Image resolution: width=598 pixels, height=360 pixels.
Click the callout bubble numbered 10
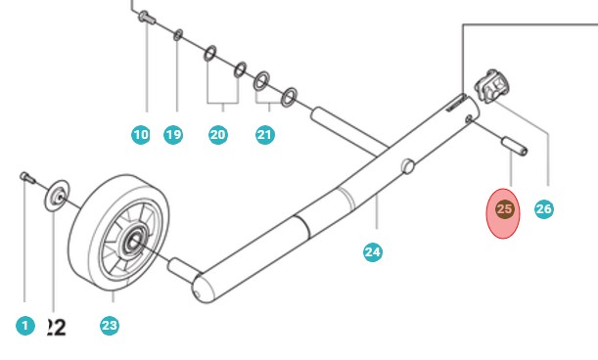[x=141, y=135]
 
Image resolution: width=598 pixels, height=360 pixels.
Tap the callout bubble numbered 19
[x=173, y=135]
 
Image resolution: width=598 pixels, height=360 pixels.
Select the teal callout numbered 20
[x=218, y=135]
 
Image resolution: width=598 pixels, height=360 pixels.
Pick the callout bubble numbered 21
[x=265, y=135]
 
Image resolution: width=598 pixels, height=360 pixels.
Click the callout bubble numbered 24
[x=372, y=252]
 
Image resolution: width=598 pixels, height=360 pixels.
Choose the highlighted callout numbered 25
[x=504, y=209]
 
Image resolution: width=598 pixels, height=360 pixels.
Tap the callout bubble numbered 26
[x=544, y=209]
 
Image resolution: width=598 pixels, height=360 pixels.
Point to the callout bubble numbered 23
[x=110, y=326]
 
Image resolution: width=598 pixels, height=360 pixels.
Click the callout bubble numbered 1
[x=25, y=326]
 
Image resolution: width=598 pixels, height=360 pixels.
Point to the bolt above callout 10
[x=146, y=16]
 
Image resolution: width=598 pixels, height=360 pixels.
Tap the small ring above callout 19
[x=177, y=35]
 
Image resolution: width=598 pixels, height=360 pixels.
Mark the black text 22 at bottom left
[x=55, y=327]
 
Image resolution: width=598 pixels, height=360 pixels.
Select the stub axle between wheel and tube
[x=181, y=265]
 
